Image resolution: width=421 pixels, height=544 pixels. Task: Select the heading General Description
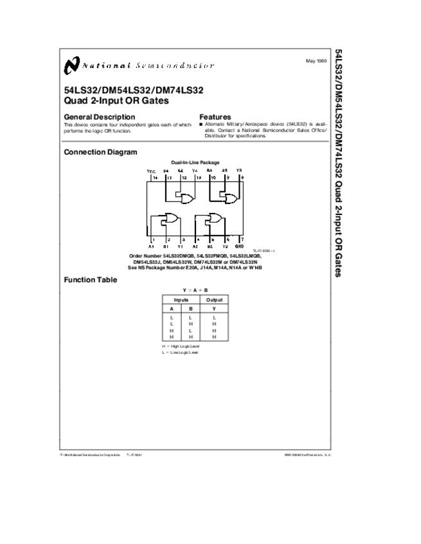(x=100, y=117)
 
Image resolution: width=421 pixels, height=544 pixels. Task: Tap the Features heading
(x=215, y=117)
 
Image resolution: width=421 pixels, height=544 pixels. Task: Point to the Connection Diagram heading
(x=100, y=152)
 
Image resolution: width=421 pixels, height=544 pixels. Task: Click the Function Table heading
(x=91, y=280)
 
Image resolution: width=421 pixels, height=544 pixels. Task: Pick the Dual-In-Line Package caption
(x=195, y=162)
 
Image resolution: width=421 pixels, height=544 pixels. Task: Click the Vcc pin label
(x=152, y=171)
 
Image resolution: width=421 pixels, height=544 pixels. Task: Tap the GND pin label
(x=239, y=246)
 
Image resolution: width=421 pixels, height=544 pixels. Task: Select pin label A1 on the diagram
(x=152, y=246)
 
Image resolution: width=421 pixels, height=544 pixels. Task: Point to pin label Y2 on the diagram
(x=225, y=246)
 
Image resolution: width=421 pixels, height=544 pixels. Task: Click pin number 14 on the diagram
(x=155, y=177)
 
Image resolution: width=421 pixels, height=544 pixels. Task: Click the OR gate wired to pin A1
(x=171, y=220)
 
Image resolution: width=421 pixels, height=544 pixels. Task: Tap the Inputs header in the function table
(x=181, y=300)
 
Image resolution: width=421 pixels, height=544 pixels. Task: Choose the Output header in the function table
(x=214, y=300)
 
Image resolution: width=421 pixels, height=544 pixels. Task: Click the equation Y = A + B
(x=195, y=290)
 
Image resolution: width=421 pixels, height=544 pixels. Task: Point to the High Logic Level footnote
(x=181, y=346)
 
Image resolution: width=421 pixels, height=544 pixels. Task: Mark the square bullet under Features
(x=201, y=124)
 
